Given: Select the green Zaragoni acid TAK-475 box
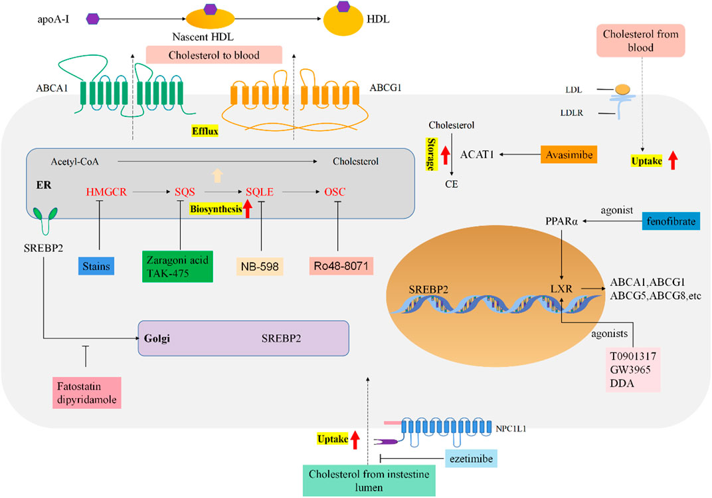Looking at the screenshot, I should pyautogui.click(x=177, y=266).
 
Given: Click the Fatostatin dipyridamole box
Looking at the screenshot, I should pyautogui.click(x=87, y=391).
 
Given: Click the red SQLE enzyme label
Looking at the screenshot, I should pyautogui.click(x=260, y=191).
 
